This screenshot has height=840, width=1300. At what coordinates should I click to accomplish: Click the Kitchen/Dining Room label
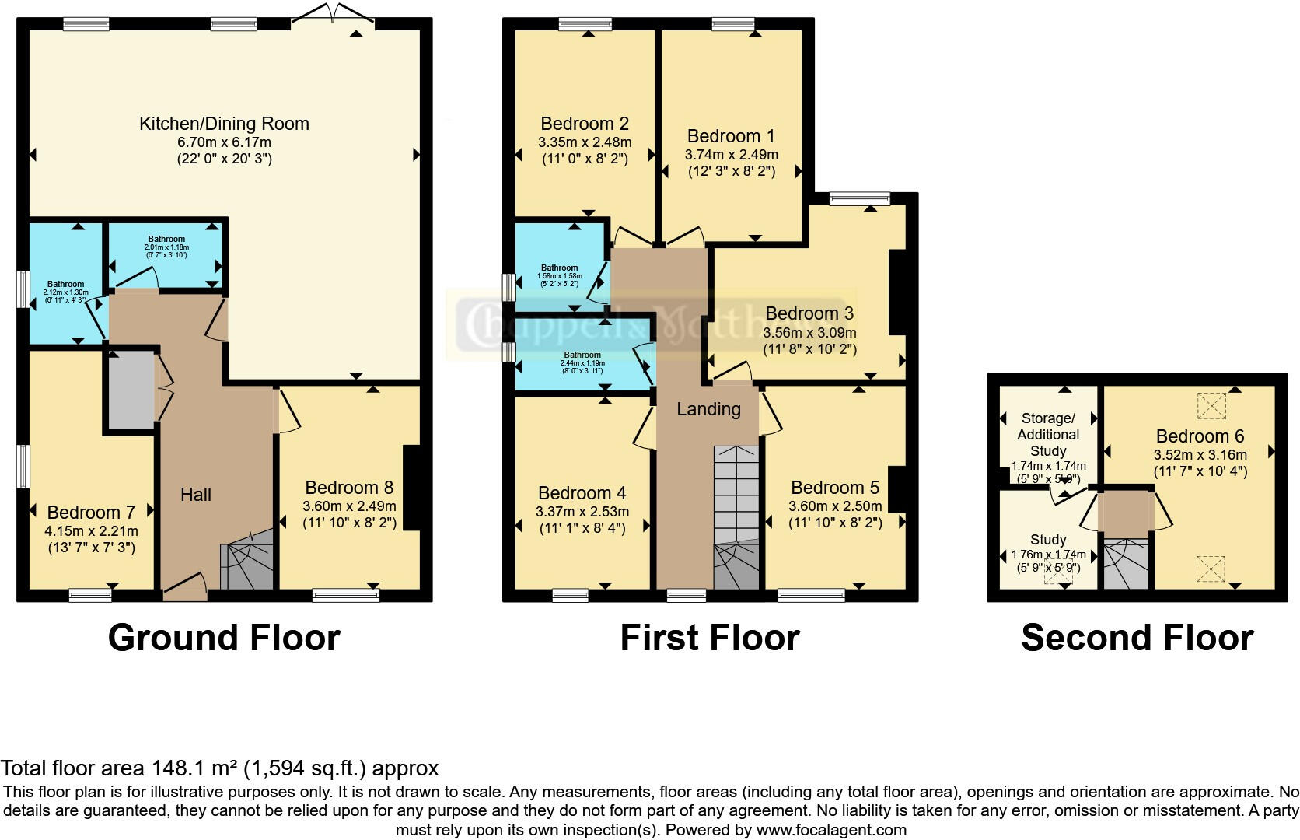pyautogui.click(x=224, y=124)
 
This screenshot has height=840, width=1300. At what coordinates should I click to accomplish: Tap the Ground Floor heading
pyautogui.click(x=224, y=638)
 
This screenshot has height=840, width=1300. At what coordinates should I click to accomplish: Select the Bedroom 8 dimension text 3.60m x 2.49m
pyautogui.click(x=349, y=506)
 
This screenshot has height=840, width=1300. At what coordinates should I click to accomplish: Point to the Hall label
pyautogui.click(x=196, y=495)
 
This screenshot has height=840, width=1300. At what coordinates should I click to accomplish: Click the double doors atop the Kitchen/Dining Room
pyautogui.click(x=333, y=14)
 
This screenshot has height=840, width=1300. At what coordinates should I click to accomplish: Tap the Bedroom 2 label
pyautogui.click(x=584, y=124)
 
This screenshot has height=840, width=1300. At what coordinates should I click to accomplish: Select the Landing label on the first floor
pyautogui.click(x=708, y=409)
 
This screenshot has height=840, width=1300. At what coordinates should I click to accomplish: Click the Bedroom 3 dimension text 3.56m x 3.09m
pyautogui.click(x=809, y=332)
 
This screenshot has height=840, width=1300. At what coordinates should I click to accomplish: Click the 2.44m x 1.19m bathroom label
pyautogui.click(x=582, y=359)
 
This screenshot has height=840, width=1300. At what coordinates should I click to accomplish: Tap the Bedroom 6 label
pyautogui.click(x=1200, y=436)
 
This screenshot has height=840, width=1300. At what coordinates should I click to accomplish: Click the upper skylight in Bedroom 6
pyautogui.click(x=1211, y=405)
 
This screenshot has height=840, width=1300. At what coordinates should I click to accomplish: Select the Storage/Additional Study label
pyautogui.click(x=1047, y=435)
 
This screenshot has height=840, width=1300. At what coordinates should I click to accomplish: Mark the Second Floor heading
pyautogui.click(x=1137, y=638)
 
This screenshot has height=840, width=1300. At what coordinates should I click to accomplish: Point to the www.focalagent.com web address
pyautogui.click(x=831, y=830)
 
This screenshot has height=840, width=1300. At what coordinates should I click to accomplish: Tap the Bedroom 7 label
pyautogui.click(x=91, y=513)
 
